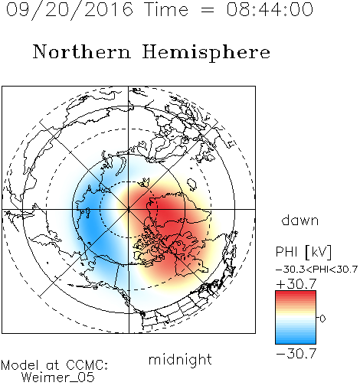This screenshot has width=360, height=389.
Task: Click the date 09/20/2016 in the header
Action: [x=69, y=10]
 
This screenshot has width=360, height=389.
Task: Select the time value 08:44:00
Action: [x=270, y=9]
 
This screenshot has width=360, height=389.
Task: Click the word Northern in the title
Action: [x=82, y=51]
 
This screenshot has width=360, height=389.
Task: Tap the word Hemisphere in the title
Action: [x=206, y=53]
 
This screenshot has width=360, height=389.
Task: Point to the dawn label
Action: [x=300, y=220]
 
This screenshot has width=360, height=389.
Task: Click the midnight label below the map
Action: [x=180, y=359]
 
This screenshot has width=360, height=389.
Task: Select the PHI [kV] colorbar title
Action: [x=303, y=252]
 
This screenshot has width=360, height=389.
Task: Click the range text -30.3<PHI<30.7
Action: [x=316, y=270]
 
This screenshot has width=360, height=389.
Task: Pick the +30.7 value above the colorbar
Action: [x=296, y=284]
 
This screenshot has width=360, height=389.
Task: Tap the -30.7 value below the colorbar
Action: [x=296, y=354]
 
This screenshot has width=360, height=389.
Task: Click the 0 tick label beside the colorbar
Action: [x=322, y=319]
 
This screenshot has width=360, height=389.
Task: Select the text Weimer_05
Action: [x=58, y=378]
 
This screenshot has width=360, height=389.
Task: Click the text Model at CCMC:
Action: [x=54, y=365]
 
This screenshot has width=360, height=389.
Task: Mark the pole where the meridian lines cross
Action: [x=129, y=209]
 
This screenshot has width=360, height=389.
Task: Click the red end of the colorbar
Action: [x=296, y=294]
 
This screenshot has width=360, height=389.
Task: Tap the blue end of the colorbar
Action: [x=296, y=341]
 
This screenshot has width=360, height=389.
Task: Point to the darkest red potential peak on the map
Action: [x=167, y=214]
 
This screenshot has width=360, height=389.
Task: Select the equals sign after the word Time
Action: [x=208, y=11]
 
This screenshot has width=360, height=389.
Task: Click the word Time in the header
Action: [x=166, y=9]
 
